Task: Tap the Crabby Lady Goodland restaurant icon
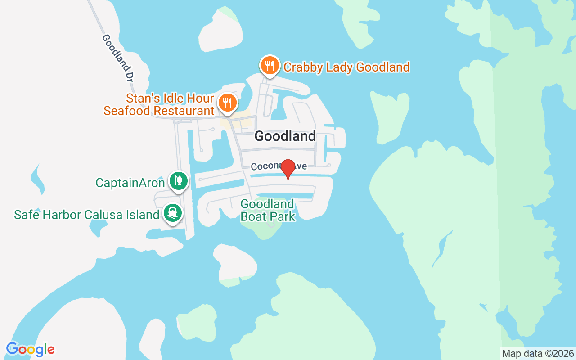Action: click(270, 66)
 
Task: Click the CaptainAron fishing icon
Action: click(179, 181)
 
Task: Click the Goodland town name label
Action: click(285, 136)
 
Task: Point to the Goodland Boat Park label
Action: click(268, 210)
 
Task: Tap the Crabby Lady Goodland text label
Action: click(346, 67)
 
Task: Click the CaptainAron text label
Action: click(130, 183)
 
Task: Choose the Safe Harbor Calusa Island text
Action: click(87, 215)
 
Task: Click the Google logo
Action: click(30, 349)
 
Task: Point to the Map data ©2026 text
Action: click(538, 353)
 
